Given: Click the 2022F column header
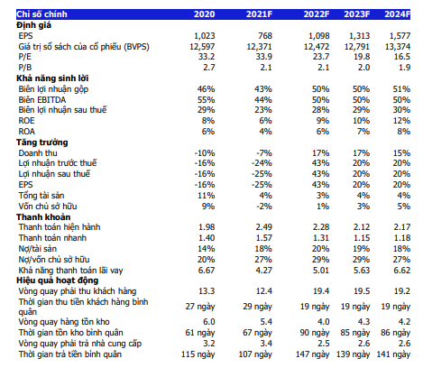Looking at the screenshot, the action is [x=317, y=14].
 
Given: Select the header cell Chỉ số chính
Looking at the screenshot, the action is [x=41, y=14].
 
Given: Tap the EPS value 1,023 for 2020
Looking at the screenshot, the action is [x=205, y=36].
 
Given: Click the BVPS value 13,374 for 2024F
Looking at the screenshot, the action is [x=398, y=47].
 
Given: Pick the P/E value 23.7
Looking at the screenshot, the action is [x=321, y=57].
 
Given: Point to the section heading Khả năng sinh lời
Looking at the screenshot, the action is [x=52, y=78].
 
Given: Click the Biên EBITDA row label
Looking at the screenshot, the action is [x=42, y=100].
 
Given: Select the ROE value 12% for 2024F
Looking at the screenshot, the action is [x=401, y=121].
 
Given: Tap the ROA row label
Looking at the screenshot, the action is [x=26, y=132].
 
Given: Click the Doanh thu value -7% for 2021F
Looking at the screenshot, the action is [x=264, y=153].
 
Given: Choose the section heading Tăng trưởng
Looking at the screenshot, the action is [x=42, y=143].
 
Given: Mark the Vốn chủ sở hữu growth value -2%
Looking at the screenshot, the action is [x=264, y=207].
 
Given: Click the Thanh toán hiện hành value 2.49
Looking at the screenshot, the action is [x=264, y=227].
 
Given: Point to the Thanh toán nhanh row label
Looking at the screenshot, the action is [x=52, y=238].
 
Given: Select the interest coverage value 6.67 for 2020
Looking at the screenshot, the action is [x=207, y=271].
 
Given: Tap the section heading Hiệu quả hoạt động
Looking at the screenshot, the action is [x=58, y=280].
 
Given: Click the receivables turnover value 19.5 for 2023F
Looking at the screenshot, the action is [x=362, y=291].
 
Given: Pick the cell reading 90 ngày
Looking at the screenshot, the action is [x=315, y=333].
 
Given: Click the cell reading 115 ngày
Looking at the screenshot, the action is [x=198, y=354].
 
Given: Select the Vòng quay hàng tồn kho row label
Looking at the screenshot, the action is [x=64, y=322].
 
